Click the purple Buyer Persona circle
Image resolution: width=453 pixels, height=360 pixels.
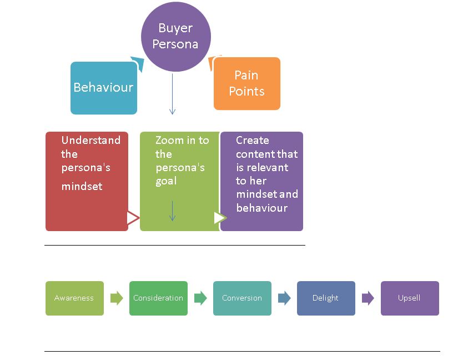pyautogui.click(x=175, y=36)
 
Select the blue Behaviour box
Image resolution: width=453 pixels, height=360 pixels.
pyautogui.click(x=103, y=88)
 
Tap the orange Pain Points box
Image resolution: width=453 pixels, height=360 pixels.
pyautogui.click(x=246, y=83)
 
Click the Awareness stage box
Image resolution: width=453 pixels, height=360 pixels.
pyautogui.click(x=74, y=298)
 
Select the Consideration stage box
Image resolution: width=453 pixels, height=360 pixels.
pyautogui.click(x=158, y=298)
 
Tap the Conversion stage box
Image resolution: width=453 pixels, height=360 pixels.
pyautogui.click(x=242, y=298)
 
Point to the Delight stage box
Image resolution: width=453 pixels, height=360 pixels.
pyautogui.click(x=326, y=298)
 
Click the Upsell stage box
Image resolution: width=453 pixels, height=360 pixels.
pyautogui.click(x=410, y=298)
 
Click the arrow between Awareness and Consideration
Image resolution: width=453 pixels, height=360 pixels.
pyautogui.click(x=117, y=298)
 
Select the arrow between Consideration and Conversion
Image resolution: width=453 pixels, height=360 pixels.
pyautogui.click(x=200, y=298)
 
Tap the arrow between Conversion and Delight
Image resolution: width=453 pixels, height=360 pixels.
pyautogui.click(x=284, y=298)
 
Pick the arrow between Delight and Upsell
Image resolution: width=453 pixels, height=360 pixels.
pyautogui.click(x=368, y=298)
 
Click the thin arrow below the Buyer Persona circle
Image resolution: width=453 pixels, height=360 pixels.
pyautogui.click(x=172, y=94)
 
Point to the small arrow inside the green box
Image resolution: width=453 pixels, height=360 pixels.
pyautogui.click(x=172, y=211)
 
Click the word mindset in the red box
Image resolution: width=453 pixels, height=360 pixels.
pyautogui.click(x=82, y=187)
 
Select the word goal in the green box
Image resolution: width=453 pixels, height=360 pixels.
pyautogui.click(x=166, y=181)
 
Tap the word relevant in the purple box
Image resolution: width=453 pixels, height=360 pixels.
pyautogui.click(x=269, y=167)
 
